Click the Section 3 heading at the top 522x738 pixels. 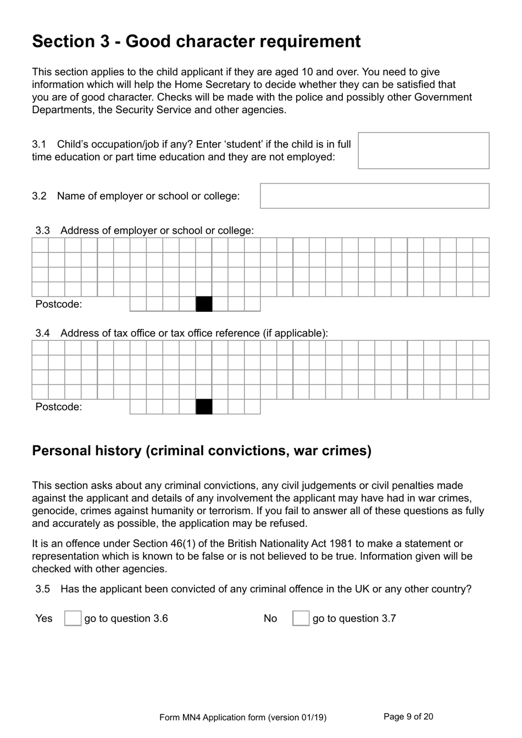tap(196, 42)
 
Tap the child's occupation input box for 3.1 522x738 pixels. tap(423, 151)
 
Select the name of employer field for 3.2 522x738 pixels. tap(374, 196)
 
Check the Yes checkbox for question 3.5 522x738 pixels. tap(73, 618)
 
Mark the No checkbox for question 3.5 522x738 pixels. tap(301, 618)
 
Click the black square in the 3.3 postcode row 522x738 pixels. tap(204, 304)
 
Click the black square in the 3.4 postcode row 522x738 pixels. tap(204, 407)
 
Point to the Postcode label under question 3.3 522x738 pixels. tap(58, 304)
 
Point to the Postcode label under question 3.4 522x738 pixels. tap(58, 407)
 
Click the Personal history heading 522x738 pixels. tap(202, 451)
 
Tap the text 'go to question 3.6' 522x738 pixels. tap(126, 619)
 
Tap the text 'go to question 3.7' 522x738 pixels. tap(354, 619)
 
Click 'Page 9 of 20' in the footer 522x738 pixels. tap(408, 717)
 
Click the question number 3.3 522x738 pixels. tap(43, 230)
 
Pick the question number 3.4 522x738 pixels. tap(43, 333)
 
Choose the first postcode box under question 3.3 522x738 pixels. tap(138, 304)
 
